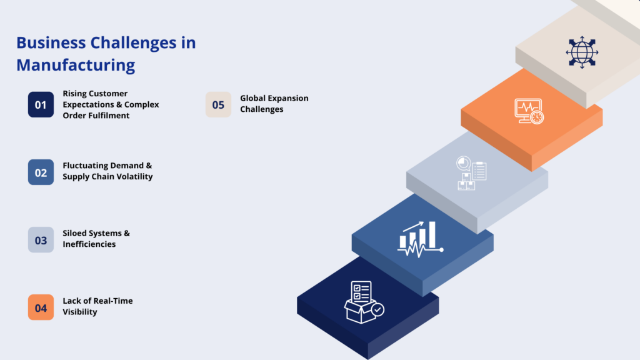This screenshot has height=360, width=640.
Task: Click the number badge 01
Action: pyautogui.click(x=41, y=104)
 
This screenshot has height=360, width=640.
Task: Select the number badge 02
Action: pyautogui.click(x=41, y=172)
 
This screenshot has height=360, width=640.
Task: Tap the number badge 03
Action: pyautogui.click(x=41, y=239)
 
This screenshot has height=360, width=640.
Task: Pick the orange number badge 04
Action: pyautogui.click(x=41, y=307)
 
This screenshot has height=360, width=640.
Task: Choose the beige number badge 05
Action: pyautogui.click(x=218, y=104)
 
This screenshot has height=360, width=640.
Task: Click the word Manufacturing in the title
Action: pyautogui.click(x=76, y=64)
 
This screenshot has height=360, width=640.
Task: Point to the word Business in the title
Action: pyautogui.click(x=51, y=42)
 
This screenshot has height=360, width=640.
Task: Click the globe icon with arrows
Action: pyautogui.click(x=581, y=52)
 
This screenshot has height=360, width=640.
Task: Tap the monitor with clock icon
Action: pyautogui.click(x=528, y=111)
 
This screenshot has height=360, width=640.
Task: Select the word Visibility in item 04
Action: pyautogui.click(x=80, y=312)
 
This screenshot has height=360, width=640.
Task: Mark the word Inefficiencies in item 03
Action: pyautogui.click(x=89, y=244)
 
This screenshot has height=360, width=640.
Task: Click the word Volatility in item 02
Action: pyautogui.click(x=134, y=177)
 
